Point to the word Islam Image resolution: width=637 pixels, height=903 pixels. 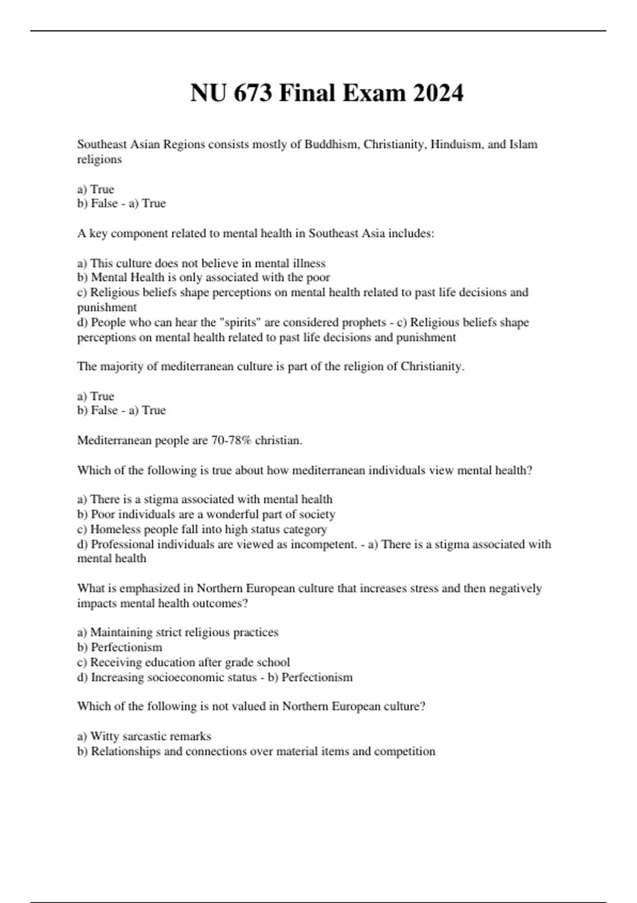(523, 144)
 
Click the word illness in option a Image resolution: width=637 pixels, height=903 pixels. (308, 263)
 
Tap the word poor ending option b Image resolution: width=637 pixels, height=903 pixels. (318, 277)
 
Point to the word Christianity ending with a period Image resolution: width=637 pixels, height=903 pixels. (432, 367)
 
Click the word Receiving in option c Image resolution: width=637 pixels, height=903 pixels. (116, 662)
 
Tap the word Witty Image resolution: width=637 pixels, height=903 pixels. (105, 736)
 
